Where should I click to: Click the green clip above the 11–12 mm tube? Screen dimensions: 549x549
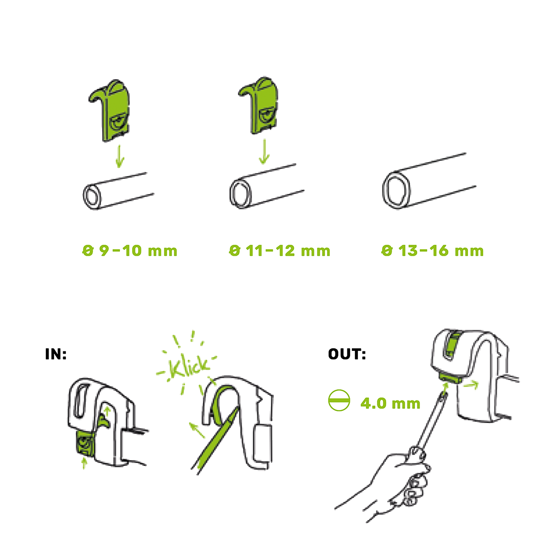(258, 105)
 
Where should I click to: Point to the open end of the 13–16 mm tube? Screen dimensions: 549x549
(396, 188)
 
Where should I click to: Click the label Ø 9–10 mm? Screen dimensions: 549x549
(130, 251)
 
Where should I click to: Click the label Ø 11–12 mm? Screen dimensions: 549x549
(280, 251)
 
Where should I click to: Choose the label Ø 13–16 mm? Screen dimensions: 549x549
(432, 251)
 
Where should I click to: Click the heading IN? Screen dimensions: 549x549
(56, 354)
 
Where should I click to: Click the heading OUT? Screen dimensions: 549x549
(347, 354)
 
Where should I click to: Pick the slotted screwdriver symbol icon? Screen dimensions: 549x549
(339, 401)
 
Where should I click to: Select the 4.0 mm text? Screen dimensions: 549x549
(390, 404)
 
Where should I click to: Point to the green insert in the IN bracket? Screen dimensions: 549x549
(85, 443)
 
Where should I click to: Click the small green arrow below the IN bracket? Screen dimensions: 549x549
(84, 463)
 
